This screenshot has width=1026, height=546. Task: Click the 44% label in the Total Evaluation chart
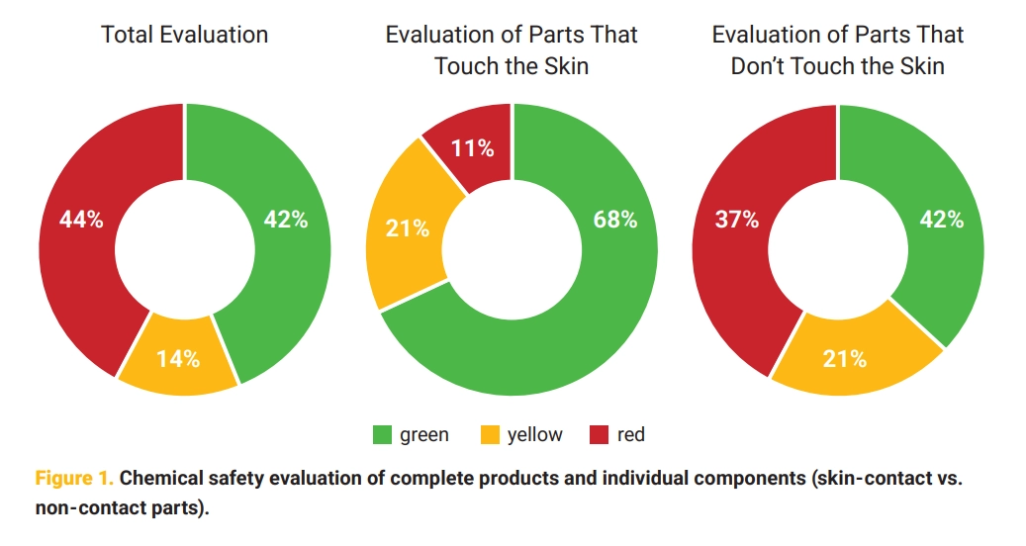81,220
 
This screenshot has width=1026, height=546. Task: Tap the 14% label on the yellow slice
178,359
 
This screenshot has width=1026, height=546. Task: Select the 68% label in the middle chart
614,220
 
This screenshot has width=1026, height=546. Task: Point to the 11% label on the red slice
473,148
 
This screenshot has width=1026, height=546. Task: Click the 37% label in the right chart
737,220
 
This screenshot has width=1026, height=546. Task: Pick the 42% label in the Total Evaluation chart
286,220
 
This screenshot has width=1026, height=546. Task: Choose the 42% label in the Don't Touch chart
941,220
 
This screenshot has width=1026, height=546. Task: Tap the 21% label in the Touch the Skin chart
407,228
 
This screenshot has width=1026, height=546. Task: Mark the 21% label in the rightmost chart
844,359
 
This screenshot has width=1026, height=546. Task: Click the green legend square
382,434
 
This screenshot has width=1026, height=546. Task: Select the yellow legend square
489,434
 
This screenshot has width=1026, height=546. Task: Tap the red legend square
598,434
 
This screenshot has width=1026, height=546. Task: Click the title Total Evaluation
185,35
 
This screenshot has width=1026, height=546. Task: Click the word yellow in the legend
534,434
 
